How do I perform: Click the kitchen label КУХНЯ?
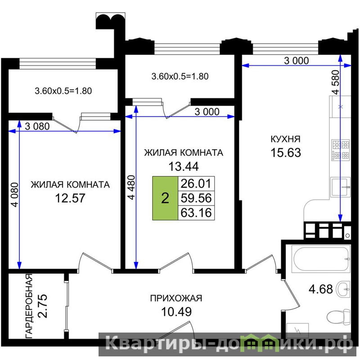point(285,139)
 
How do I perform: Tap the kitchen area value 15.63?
point(286,153)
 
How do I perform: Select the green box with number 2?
point(165,198)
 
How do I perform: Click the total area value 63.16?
point(196,213)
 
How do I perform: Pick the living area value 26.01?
point(196,184)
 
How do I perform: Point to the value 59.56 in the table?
point(196,198)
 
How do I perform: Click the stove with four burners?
point(341,150)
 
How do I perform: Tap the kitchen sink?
point(340,187)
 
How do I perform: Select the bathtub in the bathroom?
point(321,259)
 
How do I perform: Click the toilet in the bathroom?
point(338,317)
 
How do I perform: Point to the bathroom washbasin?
point(343,289)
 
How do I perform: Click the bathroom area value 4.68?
point(320,289)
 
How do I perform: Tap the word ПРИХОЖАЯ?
point(176,298)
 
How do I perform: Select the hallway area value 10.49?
point(176,312)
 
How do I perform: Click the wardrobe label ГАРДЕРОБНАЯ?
point(29,306)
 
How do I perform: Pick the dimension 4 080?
point(15,195)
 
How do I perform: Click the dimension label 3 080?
point(37,126)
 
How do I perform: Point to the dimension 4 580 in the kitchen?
point(335,82)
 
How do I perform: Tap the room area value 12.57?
point(70,198)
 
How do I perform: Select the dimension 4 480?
point(131,187)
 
